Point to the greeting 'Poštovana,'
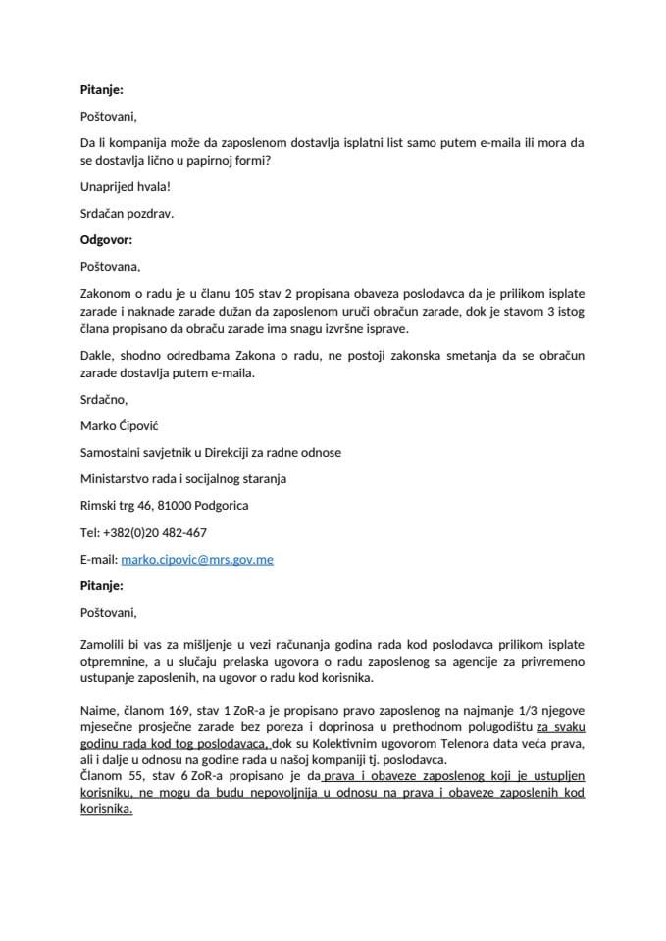tap(110, 265)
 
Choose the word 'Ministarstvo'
tap(119, 478)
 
